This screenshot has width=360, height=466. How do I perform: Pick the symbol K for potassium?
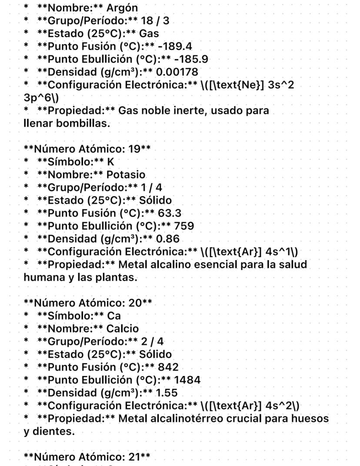pyautogui.click(x=110, y=162)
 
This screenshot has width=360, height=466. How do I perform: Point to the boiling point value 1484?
pyautogui.click(x=187, y=380)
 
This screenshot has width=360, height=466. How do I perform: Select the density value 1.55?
pyautogui.click(x=167, y=393)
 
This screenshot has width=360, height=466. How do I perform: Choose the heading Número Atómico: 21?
pyautogui.click(x=87, y=457)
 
